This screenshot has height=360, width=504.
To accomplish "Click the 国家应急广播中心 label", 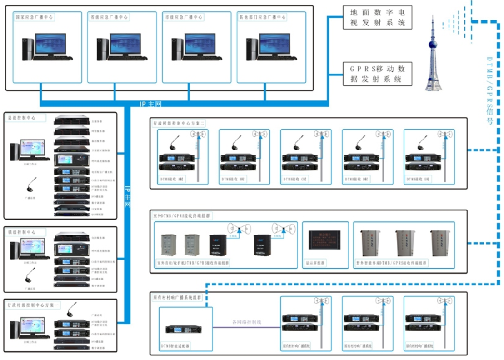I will point(35,17).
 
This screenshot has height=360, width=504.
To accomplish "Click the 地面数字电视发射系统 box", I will point(377,17).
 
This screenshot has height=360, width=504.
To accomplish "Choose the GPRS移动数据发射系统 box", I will point(377,74).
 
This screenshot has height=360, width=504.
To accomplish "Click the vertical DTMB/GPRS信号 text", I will point(490,91).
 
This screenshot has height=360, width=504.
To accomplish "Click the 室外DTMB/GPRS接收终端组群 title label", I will point(183,215).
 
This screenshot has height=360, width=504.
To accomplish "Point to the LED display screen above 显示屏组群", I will point(325,240).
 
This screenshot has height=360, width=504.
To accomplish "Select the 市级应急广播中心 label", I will point(183,17).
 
